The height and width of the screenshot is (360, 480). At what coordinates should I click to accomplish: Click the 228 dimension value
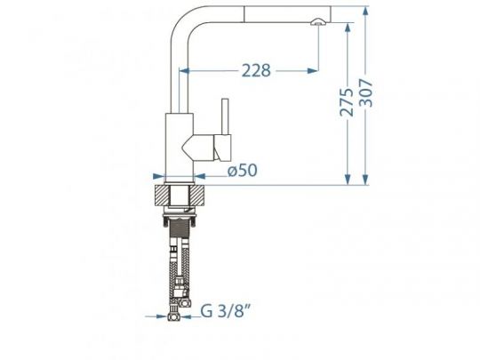coord(253,70)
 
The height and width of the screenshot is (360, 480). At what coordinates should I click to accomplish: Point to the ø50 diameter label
coord(242,171)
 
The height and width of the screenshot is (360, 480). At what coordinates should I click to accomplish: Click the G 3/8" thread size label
coord(222,311)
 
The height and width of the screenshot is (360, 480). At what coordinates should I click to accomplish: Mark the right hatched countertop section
coord(201,197)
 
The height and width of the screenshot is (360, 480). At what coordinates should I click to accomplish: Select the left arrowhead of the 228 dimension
coord(186,70)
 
